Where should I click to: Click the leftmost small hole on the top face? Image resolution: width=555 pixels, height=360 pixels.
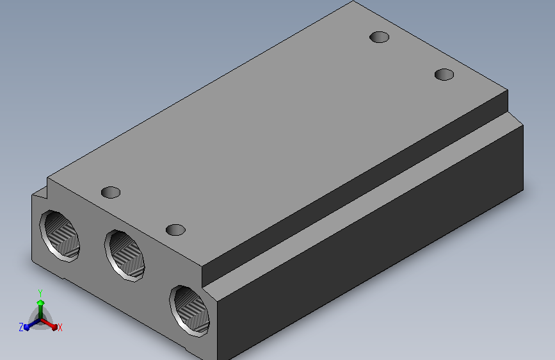pos(111,192)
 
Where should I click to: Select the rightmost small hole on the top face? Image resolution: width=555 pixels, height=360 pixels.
pos(444,74)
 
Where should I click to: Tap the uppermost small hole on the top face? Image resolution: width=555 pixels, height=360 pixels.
pos(379,37)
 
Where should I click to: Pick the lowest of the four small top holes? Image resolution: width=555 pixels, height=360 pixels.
pos(175,230)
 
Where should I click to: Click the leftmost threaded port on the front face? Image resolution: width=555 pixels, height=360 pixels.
pos(60,236)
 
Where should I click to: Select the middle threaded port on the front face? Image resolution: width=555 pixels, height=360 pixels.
pos(125,256)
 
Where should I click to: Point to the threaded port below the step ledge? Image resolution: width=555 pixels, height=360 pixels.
pos(190,311)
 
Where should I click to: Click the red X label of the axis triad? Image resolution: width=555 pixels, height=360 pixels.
pos(60,327)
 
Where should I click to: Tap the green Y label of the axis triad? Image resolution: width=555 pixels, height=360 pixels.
pos(40,293)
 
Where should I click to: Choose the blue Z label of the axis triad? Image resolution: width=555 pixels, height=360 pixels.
pos(21,327)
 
